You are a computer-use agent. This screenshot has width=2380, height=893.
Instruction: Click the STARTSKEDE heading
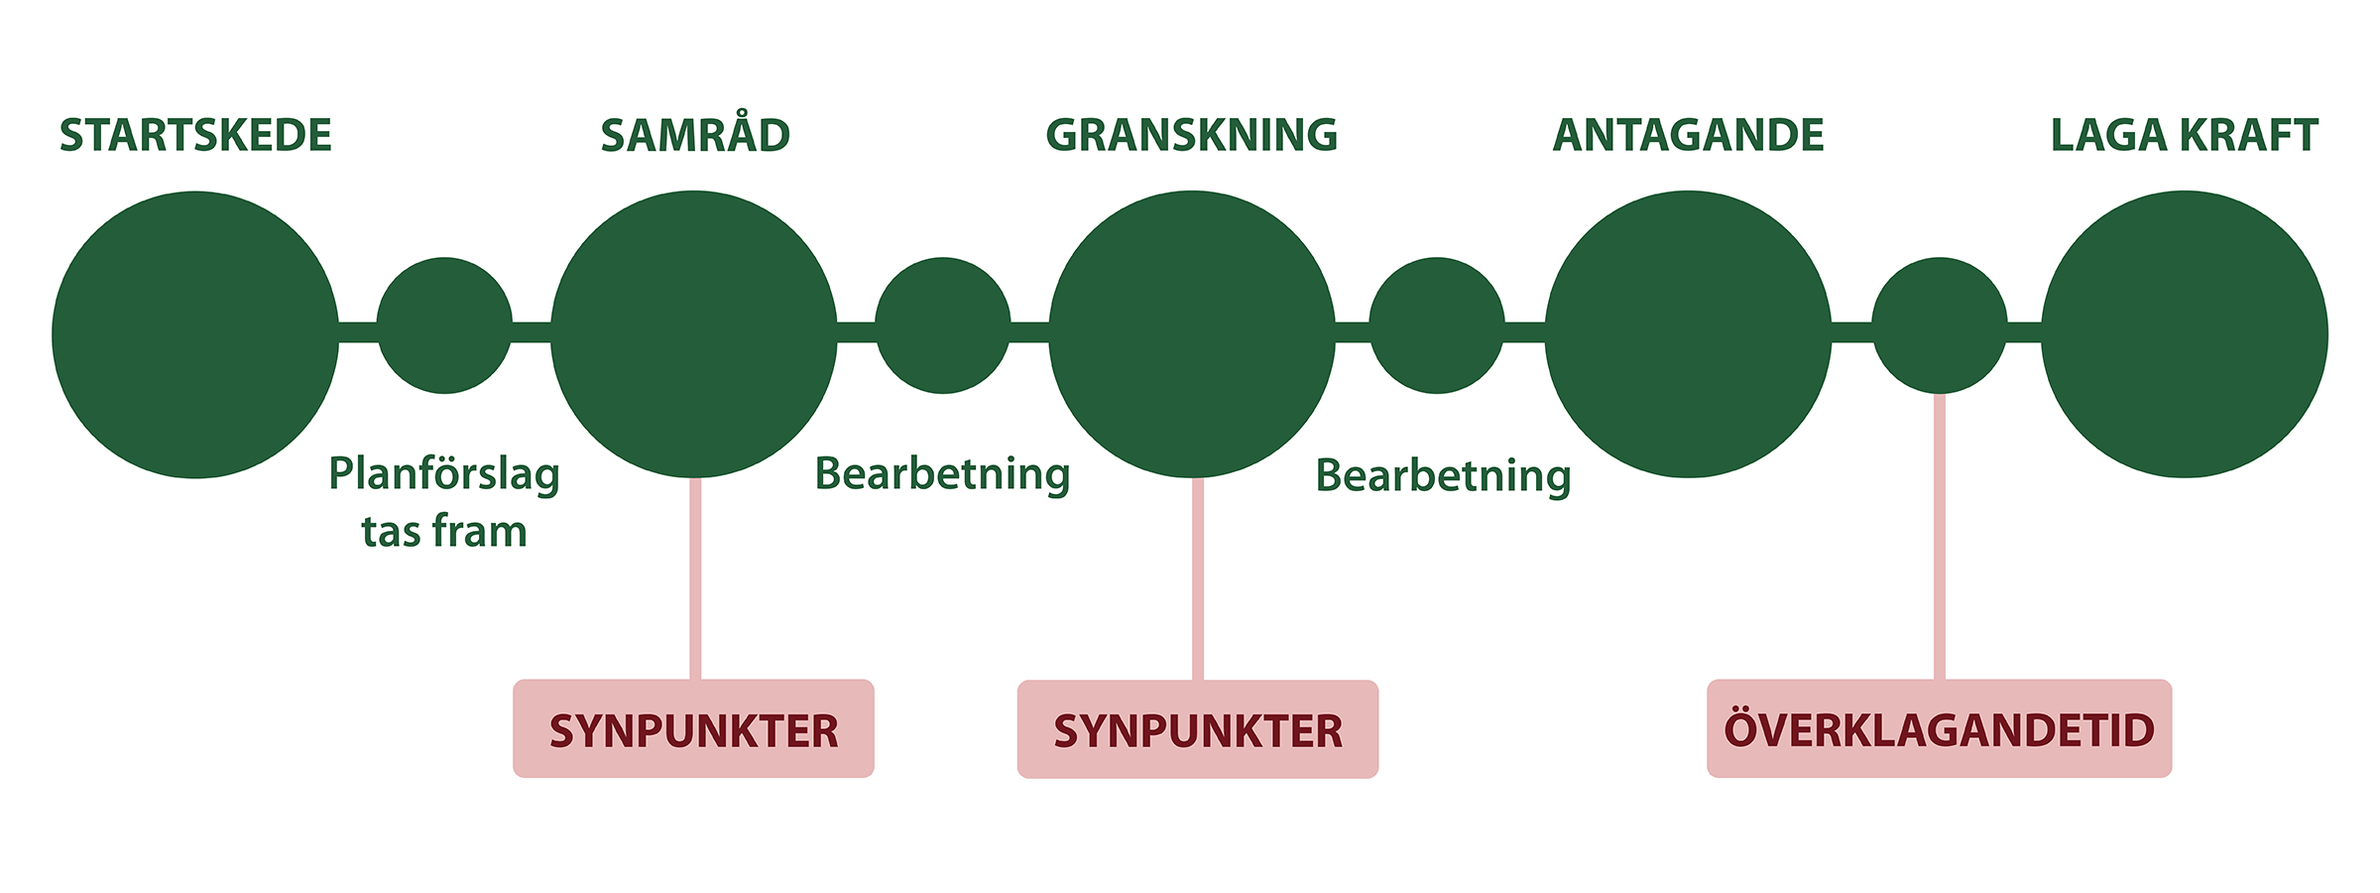[195, 136]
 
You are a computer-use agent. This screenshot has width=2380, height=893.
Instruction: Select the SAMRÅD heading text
[695, 136]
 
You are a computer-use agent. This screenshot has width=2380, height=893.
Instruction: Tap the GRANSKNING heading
[1191, 136]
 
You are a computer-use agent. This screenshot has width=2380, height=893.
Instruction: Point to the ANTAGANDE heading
[1688, 136]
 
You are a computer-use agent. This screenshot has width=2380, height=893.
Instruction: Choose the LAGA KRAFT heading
[2184, 136]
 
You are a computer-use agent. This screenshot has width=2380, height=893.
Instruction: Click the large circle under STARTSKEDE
[195, 334]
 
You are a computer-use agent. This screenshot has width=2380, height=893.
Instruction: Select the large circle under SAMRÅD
[694, 334]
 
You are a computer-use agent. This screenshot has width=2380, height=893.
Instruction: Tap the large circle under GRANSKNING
[1192, 334]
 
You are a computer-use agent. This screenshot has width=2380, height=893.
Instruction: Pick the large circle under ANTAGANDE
[1688, 334]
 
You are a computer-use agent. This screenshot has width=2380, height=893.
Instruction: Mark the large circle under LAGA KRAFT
[2185, 334]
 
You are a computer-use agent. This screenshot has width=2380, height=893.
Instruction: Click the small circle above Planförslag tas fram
[444, 325]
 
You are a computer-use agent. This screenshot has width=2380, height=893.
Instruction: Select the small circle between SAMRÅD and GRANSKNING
[943, 325]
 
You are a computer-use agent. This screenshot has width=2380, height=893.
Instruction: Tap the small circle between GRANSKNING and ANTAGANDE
[1437, 325]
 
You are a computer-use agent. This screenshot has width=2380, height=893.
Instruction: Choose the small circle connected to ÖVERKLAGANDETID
[1940, 325]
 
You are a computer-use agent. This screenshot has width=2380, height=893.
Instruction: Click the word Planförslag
[444, 474]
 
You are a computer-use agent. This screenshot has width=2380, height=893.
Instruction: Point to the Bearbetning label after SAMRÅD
[942, 474]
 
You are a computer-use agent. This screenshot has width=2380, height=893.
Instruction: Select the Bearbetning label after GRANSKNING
[1443, 476]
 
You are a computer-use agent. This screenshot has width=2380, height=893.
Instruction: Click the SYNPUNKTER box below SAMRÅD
[693, 729]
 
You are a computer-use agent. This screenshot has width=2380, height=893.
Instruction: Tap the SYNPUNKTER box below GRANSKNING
[1198, 729]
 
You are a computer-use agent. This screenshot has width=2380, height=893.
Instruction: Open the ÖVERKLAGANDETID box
[1939, 729]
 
